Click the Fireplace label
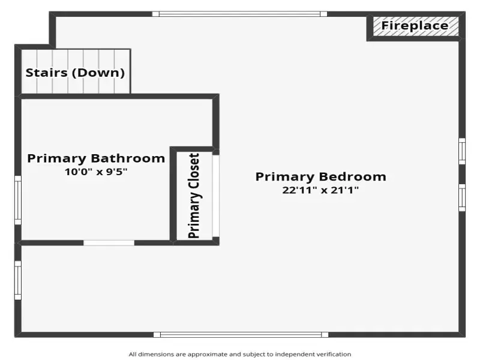tap(415, 26)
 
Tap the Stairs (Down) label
tap(76, 73)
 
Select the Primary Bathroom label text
tap(96, 158)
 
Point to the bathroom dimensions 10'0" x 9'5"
tap(96, 172)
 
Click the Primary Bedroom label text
tap(321, 177)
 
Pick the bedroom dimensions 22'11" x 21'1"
tap(320, 190)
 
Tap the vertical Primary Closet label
tap(194, 196)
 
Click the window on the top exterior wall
tap(239, 14)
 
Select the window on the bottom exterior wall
tap(241, 335)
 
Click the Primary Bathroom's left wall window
tap(18, 200)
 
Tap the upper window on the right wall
tap(462, 151)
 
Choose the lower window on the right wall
tap(462, 198)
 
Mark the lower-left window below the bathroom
tap(18, 280)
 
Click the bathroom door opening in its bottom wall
tap(109, 243)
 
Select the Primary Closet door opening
tap(216, 196)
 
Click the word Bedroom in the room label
tap(353, 177)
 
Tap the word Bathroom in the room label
tap(128, 158)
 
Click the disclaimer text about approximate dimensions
tap(240, 355)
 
